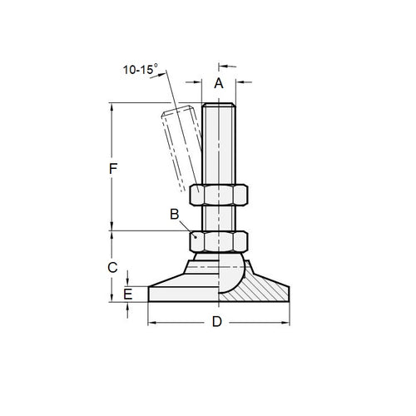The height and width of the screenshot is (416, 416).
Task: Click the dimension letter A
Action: pyautogui.click(x=219, y=82)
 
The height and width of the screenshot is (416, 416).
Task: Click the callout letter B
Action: pyautogui.click(x=175, y=214)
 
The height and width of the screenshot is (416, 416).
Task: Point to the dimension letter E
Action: pyautogui.click(x=127, y=294)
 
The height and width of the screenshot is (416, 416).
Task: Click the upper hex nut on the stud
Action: pyautogui.click(x=219, y=195)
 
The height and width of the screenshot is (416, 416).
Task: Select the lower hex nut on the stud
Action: pyautogui.click(x=219, y=240)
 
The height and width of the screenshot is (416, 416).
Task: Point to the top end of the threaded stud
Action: pyautogui.click(x=219, y=106)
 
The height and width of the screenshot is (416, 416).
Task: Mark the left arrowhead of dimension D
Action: pyautogui.click(x=151, y=322)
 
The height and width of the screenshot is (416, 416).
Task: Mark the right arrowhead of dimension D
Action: pyautogui.click(x=288, y=322)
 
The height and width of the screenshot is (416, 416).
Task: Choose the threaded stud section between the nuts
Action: pyautogui.click(x=219, y=217)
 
